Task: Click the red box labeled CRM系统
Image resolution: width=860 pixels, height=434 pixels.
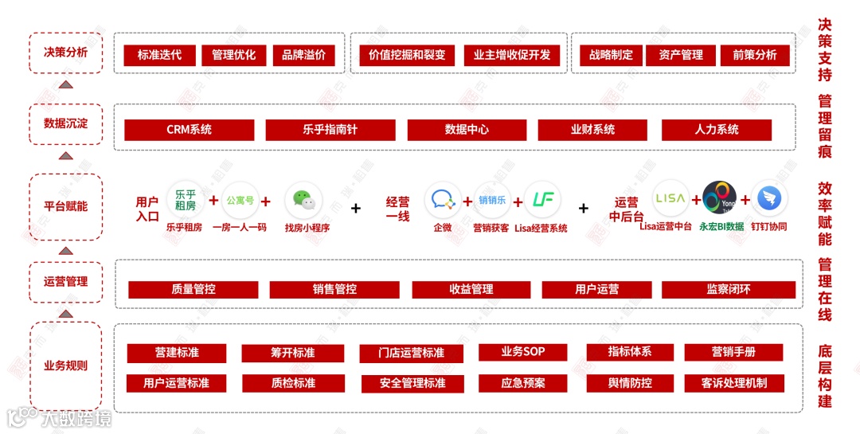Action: coord(190,130)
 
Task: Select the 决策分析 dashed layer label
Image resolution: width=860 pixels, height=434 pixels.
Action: coord(66,53)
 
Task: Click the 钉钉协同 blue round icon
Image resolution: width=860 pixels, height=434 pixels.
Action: coord(769,199)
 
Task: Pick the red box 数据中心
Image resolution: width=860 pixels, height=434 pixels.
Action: coord(467,130)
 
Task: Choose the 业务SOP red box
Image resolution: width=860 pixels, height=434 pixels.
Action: coord(522,352)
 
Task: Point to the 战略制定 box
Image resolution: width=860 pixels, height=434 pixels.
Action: coord(611,55)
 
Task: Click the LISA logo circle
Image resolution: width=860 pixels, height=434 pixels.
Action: coord(670,198)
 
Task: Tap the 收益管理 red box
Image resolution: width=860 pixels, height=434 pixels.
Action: coord(471,290)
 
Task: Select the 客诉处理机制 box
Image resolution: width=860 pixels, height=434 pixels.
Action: coord(733,383)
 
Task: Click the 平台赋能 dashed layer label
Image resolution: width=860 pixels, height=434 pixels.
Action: coord(66,206)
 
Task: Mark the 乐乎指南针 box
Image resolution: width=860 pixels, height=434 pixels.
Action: coord(330,130)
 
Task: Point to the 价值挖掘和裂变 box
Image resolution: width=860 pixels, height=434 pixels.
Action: coord(407,55)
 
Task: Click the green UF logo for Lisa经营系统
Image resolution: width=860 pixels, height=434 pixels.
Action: coord(543,200)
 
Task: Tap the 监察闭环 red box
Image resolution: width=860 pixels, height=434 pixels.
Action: coord(728,290)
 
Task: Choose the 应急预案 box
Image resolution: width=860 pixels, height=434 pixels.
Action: coord(522,383)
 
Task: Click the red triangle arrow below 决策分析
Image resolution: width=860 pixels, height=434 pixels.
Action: coord(66,84)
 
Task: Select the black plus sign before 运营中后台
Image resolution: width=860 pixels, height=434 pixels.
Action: coord(584,208)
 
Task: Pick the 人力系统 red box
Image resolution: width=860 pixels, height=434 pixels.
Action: coord(717,130)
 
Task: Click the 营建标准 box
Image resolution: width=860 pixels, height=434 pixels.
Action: coord(177,353)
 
